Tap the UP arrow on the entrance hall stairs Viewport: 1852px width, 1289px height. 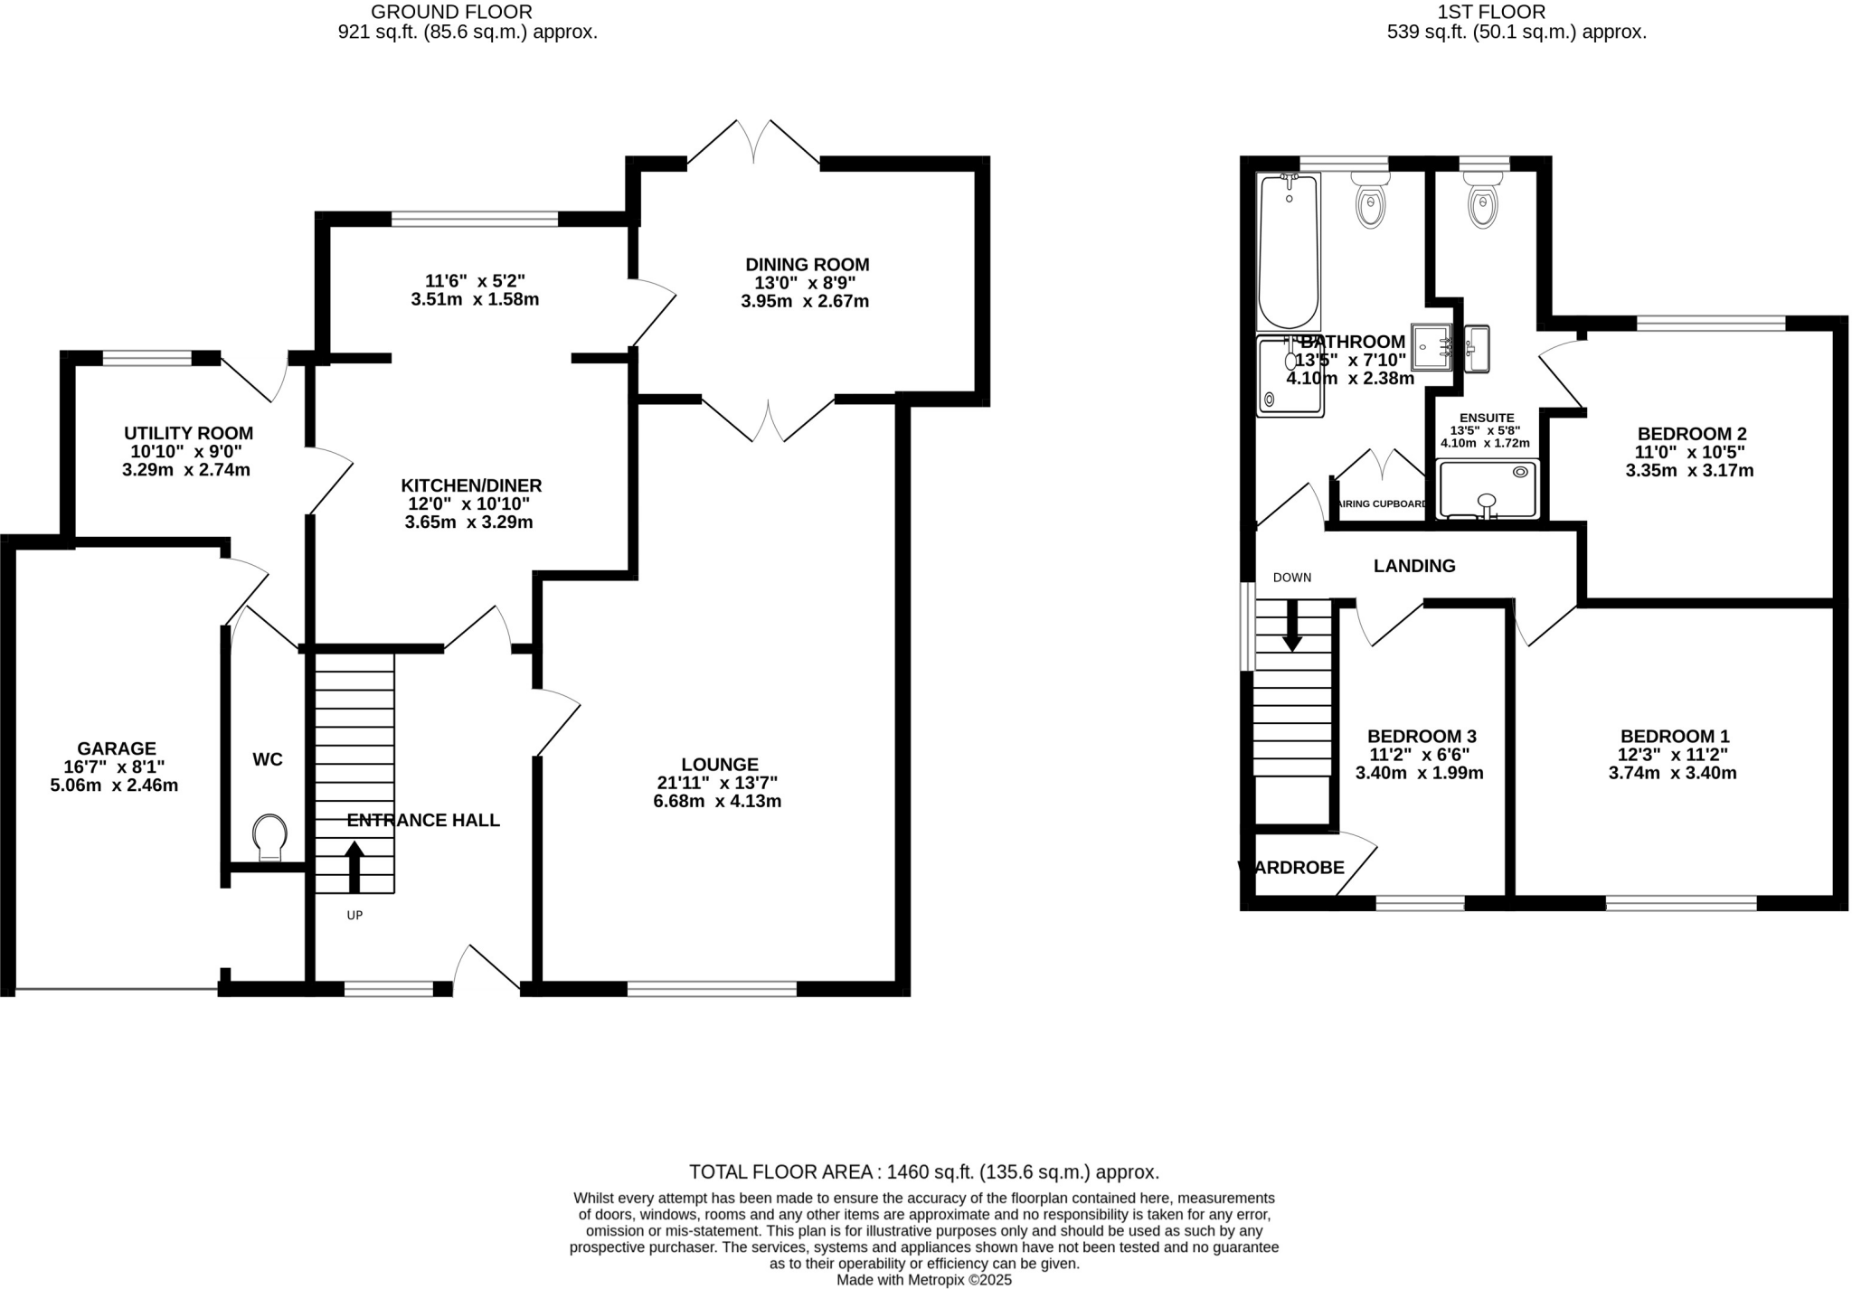coord(354,867)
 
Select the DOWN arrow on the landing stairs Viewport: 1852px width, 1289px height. coord(1292,625)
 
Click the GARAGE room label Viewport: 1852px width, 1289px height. coord(117,748)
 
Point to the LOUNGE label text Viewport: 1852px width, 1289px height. coord(720,765)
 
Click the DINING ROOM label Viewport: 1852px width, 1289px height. coord(807,265)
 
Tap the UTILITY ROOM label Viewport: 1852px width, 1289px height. coord(188,433)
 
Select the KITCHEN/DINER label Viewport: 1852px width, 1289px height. coord(471,485)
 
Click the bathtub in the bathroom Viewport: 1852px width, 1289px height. coord(1289,250)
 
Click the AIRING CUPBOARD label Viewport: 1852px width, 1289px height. coord(1383,504)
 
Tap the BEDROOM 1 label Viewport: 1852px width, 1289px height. coord(1674,737)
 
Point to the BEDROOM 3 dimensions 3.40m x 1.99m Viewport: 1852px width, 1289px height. coord(1419,774)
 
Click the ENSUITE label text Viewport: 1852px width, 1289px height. coord(1486,418)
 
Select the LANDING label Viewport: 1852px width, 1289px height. coord(1414,566)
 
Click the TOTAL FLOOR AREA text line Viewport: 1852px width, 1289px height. coord(923,1172)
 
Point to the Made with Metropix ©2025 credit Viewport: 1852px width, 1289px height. coord(923,1280)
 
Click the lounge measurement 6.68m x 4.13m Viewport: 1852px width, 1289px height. coord(717,802)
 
